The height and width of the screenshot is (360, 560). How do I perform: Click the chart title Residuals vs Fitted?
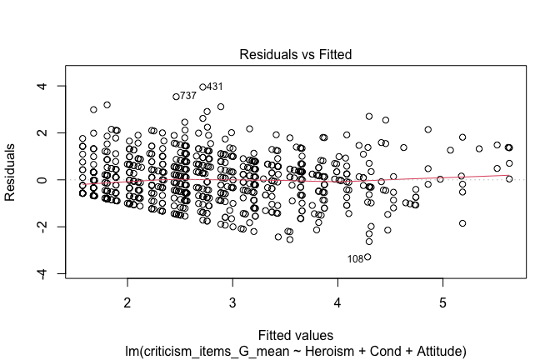click(x=295, y=55)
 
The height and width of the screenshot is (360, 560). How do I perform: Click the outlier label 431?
click(x=215, y=87)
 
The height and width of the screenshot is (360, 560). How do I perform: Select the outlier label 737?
click(x=188, y=97)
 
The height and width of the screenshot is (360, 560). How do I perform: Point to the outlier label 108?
click(x=355, y=258)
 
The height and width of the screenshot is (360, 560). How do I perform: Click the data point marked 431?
click(x=202, y=87)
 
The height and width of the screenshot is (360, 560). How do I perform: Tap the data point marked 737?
click(x=176, y=97)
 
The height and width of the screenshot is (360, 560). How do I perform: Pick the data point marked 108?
click(x=367, y=257)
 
